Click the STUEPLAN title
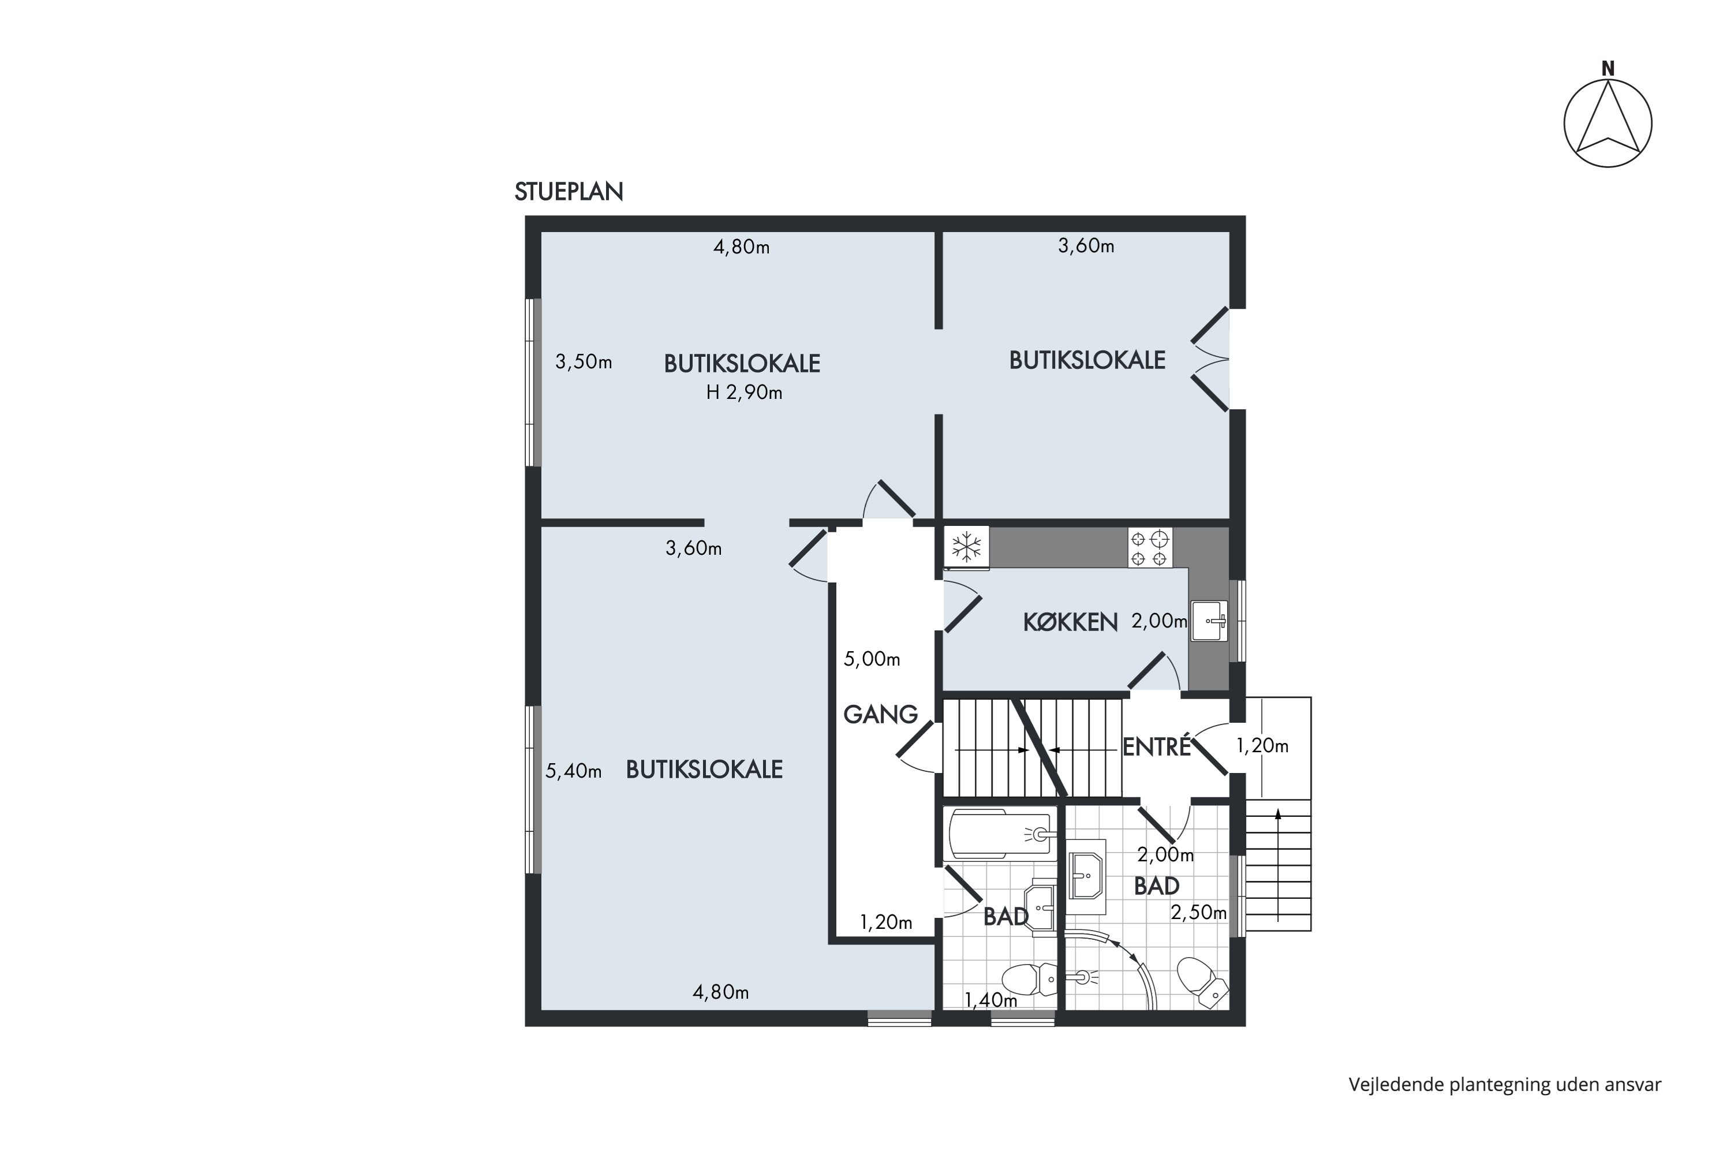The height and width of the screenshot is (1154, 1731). click(x=569, y=191)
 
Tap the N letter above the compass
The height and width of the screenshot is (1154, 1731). click(x=1607, y=69)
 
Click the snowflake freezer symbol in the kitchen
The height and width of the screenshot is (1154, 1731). click(x=967, y=547)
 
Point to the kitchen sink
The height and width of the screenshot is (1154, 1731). click(x=1209, y=621)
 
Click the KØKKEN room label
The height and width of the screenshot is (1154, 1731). click(x=1070, y=623)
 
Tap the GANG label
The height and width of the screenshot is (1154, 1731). click(x=881, y=714)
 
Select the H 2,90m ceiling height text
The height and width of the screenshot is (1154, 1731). click(x=744, y=393)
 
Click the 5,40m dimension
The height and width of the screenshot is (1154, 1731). click(x=573, y=771)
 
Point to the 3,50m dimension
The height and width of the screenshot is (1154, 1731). click(x=584, y=362)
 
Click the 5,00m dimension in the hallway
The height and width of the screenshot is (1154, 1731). click(x=872, y=659)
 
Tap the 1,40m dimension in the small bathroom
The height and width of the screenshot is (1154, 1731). click(x=990, y=1000)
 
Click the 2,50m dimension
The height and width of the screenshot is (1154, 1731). click(x=1198, y=913)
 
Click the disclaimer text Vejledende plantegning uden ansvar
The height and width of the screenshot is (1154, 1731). click(x=1504, y=1084)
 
